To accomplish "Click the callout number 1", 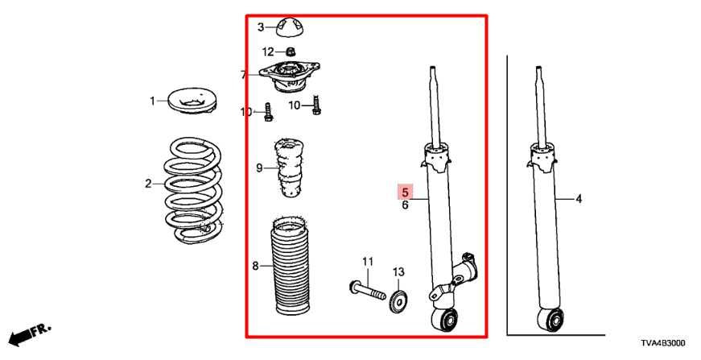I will (151, 101).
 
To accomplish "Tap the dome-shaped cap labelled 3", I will (291, 27).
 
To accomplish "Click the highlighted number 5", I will (406, 192).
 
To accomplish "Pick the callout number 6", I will (406, 205).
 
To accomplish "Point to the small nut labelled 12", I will (291, 52).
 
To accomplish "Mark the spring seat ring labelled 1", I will (192, 101).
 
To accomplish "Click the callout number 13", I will (398, 272).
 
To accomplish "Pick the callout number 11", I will (368, 262).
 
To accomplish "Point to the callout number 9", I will (259, 168).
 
